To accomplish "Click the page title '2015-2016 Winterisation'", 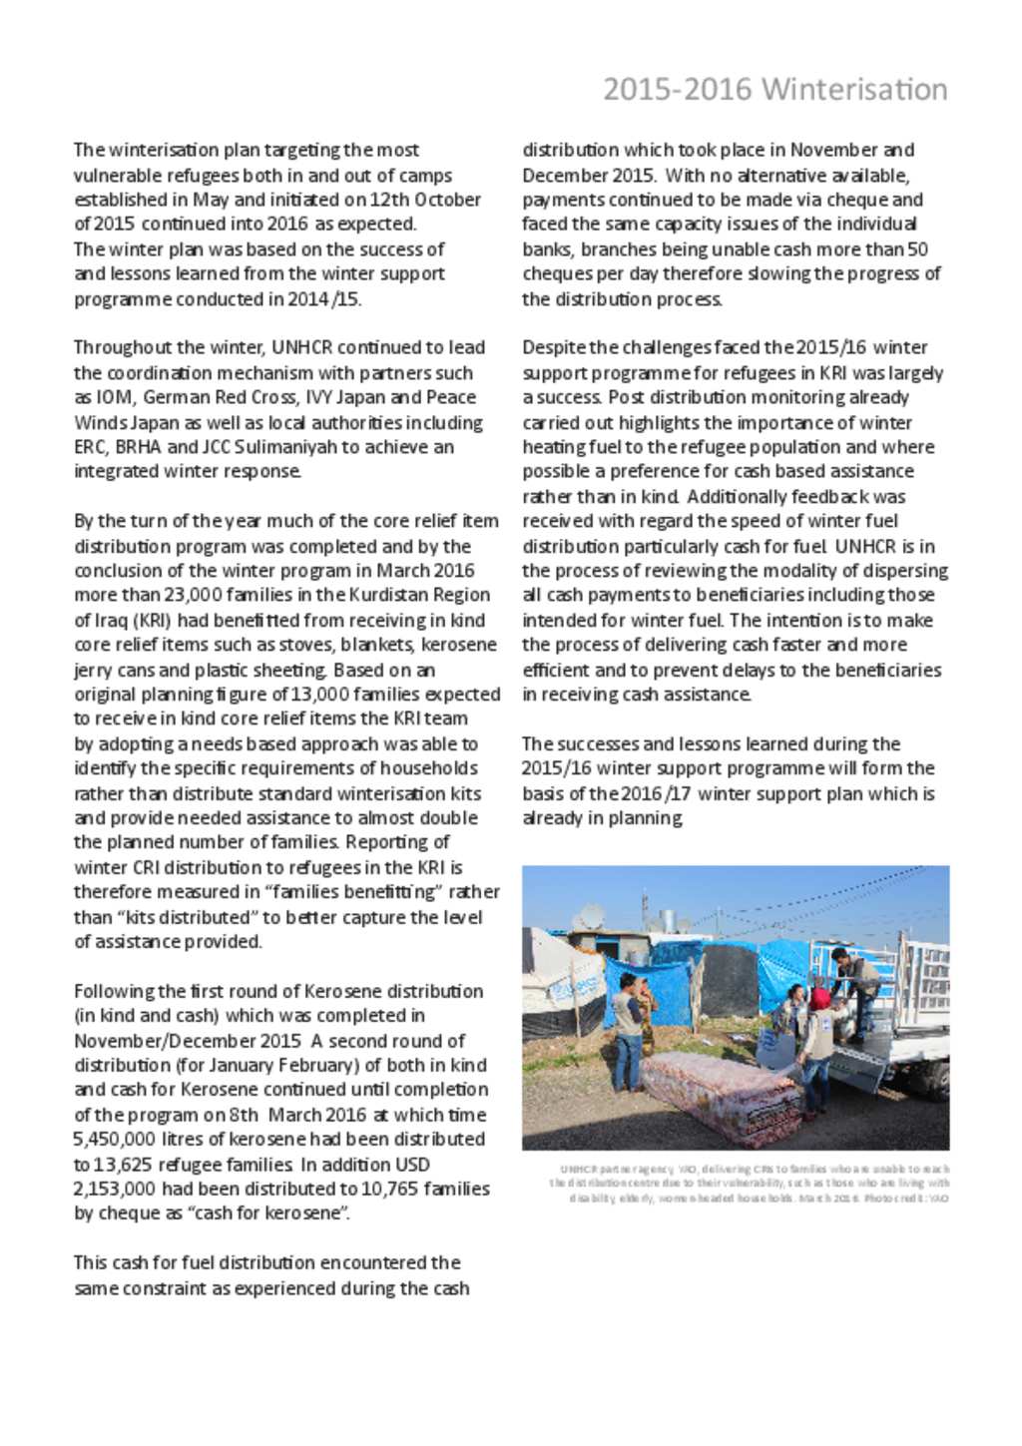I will coord(774,90).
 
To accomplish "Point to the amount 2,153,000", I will coord(114,1189).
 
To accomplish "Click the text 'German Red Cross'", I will coord(220,397).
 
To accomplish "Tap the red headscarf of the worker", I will coord(819,999).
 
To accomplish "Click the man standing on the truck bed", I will coord(854,983).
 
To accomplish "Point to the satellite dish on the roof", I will coord(592,915).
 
